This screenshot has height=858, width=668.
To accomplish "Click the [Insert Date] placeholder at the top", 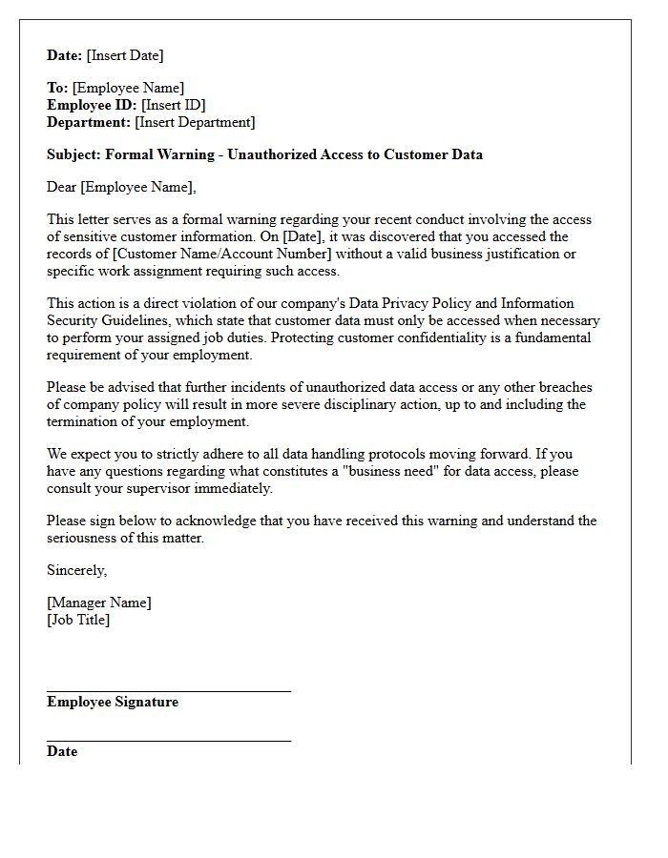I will pyautogui.click(x=125, y=55).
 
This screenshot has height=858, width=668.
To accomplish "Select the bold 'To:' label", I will pyautogui.click(x=57, y=89).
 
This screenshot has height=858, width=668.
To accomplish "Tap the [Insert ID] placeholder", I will pyautogui.click(x=174, y=105).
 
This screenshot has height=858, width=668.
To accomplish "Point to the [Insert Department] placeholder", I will pyautogui.click(x=195, y=122).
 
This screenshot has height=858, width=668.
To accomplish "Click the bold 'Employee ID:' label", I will pyautogui.click(x=92, y=105).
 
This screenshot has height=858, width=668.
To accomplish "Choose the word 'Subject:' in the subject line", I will pyautogui.click(x=73, y=154).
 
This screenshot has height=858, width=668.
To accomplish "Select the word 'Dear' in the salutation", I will pyautogui.click(x=62, y=187).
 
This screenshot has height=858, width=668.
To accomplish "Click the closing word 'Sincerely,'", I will pyautogui.click(x=77, y=570).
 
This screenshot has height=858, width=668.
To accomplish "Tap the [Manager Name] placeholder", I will pyautogui.click(x=99, y=603).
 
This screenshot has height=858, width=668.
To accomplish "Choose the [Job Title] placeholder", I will pyautogui.click(x=78, y=620).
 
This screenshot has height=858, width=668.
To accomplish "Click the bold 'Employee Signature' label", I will pyautogui.click(x=113, y=702).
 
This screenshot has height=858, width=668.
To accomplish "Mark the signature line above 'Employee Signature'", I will pyautogui.click(x=169, y=691).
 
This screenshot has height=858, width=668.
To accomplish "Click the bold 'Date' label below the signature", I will pyautogui.click(x=62, y=751).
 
